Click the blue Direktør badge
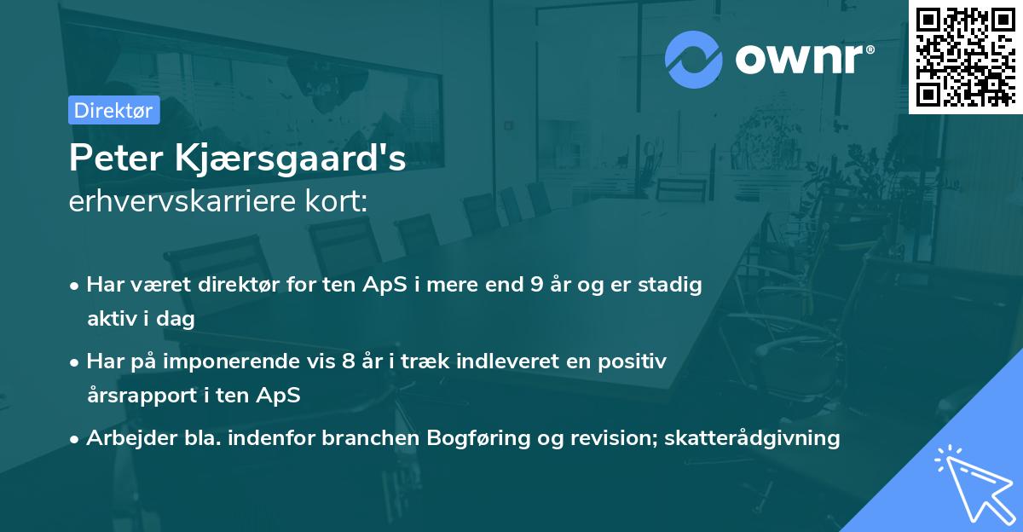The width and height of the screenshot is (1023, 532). (x=113, y=110)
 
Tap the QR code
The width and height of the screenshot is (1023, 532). (x=965, y=56)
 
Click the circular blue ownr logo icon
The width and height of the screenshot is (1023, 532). (x=693, y=59)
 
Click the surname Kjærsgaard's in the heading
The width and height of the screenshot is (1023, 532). (x=289, y=159)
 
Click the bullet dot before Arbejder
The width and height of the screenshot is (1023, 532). (x=76, y=439)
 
